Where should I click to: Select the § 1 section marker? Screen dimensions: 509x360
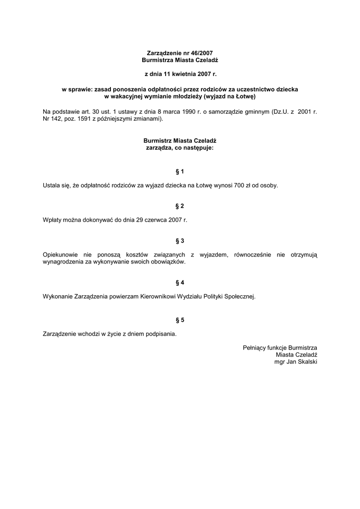[x=180, y=171]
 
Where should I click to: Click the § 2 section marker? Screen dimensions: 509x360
[x=180, y=205]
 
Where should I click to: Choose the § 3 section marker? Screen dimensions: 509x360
[x=180, y=241]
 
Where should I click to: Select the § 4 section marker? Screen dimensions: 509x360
[x=180, y=282]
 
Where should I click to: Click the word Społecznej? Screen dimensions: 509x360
[x=240, y=296]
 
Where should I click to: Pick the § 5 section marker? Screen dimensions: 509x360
[x=180, y=320]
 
